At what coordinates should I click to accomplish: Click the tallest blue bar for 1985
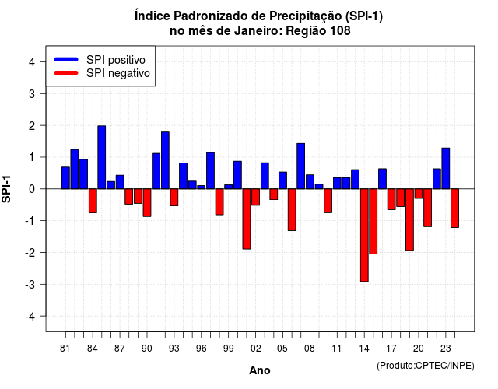click(x=102, y=157)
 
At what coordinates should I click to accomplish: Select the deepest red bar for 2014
click(x=364, y=235)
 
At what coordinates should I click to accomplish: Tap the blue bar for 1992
click(x=165, y=160)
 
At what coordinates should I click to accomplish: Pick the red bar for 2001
click(x=247, y=219)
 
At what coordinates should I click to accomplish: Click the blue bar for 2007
click(x=301, y=166)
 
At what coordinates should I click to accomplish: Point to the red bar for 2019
click(x=410, y=219)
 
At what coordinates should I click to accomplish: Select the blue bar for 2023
click(x=446, y=168)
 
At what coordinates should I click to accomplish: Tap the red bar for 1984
click(x=93, y=201)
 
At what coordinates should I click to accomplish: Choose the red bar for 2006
click(x=292, y=209)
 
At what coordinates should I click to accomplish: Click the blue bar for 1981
click(x=65, y=178)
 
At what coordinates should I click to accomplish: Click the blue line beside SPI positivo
click(x=66, y=59)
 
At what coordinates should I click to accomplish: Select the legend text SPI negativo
click(x=118, y=73)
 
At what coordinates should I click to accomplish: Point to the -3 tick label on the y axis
click(x=30, y=285)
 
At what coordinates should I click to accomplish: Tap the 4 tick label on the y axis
click(x=32, y=62)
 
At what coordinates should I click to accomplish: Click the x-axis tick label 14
click(x=364, y=349)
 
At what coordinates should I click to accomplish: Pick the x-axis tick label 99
click(x=228, y=349)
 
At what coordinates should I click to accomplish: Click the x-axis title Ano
click(x=260, y=370)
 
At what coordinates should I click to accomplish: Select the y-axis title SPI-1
click(x=6, y=189)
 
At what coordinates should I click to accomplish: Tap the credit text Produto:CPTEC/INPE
click(x=426, y=366)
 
